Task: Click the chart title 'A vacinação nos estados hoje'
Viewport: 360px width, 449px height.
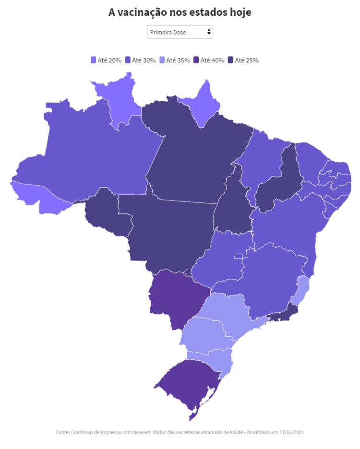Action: point(180,12)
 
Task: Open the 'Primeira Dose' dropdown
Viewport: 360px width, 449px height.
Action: point(180,32)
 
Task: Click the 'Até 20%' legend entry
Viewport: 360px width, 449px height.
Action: point(106,60)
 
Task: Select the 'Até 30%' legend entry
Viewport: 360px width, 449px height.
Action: point(140,60)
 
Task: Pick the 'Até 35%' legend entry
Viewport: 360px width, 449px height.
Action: point(175,60)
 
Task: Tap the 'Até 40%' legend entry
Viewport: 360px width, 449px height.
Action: point(209,60)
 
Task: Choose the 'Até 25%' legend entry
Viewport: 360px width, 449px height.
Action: point(243,60)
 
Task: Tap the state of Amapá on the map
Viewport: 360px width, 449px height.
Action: point(204,103)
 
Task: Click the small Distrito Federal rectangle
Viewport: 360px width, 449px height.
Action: point(238,256)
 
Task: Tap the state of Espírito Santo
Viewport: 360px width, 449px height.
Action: point(302,290)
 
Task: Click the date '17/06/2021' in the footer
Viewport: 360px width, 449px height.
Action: point(290,432)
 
